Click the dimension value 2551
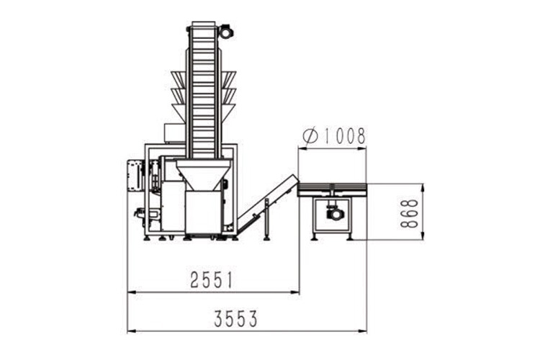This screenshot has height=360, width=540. pyautogui.click(x=212, y=280)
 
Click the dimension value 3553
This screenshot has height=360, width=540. pyautogui.click(x=235, y=319)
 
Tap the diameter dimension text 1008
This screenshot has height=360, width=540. pyautogui.click(x=344, y=136)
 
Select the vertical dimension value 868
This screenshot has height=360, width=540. pyautogui.click(x=409, y=213)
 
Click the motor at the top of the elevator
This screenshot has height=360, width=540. pyautogui.click(x=226, y=31)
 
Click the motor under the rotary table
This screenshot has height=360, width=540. pyautogui.click(x=334, y=213)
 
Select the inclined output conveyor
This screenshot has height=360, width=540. pyautogui.click(x=268, y=203)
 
